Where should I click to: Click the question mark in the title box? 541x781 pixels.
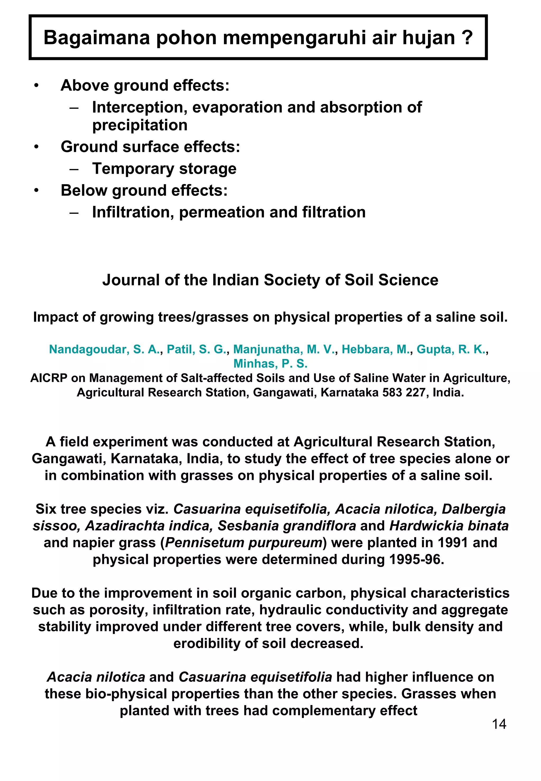click(x=467, y=37)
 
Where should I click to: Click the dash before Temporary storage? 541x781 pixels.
click(x=74, y=169)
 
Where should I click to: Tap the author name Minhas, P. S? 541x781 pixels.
click(x=270, y=364)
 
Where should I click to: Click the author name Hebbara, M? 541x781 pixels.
click(x=376, y=349)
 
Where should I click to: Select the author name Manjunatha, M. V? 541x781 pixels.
click(x=284, y=349)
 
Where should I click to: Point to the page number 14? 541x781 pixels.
click(x=499, y=724)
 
